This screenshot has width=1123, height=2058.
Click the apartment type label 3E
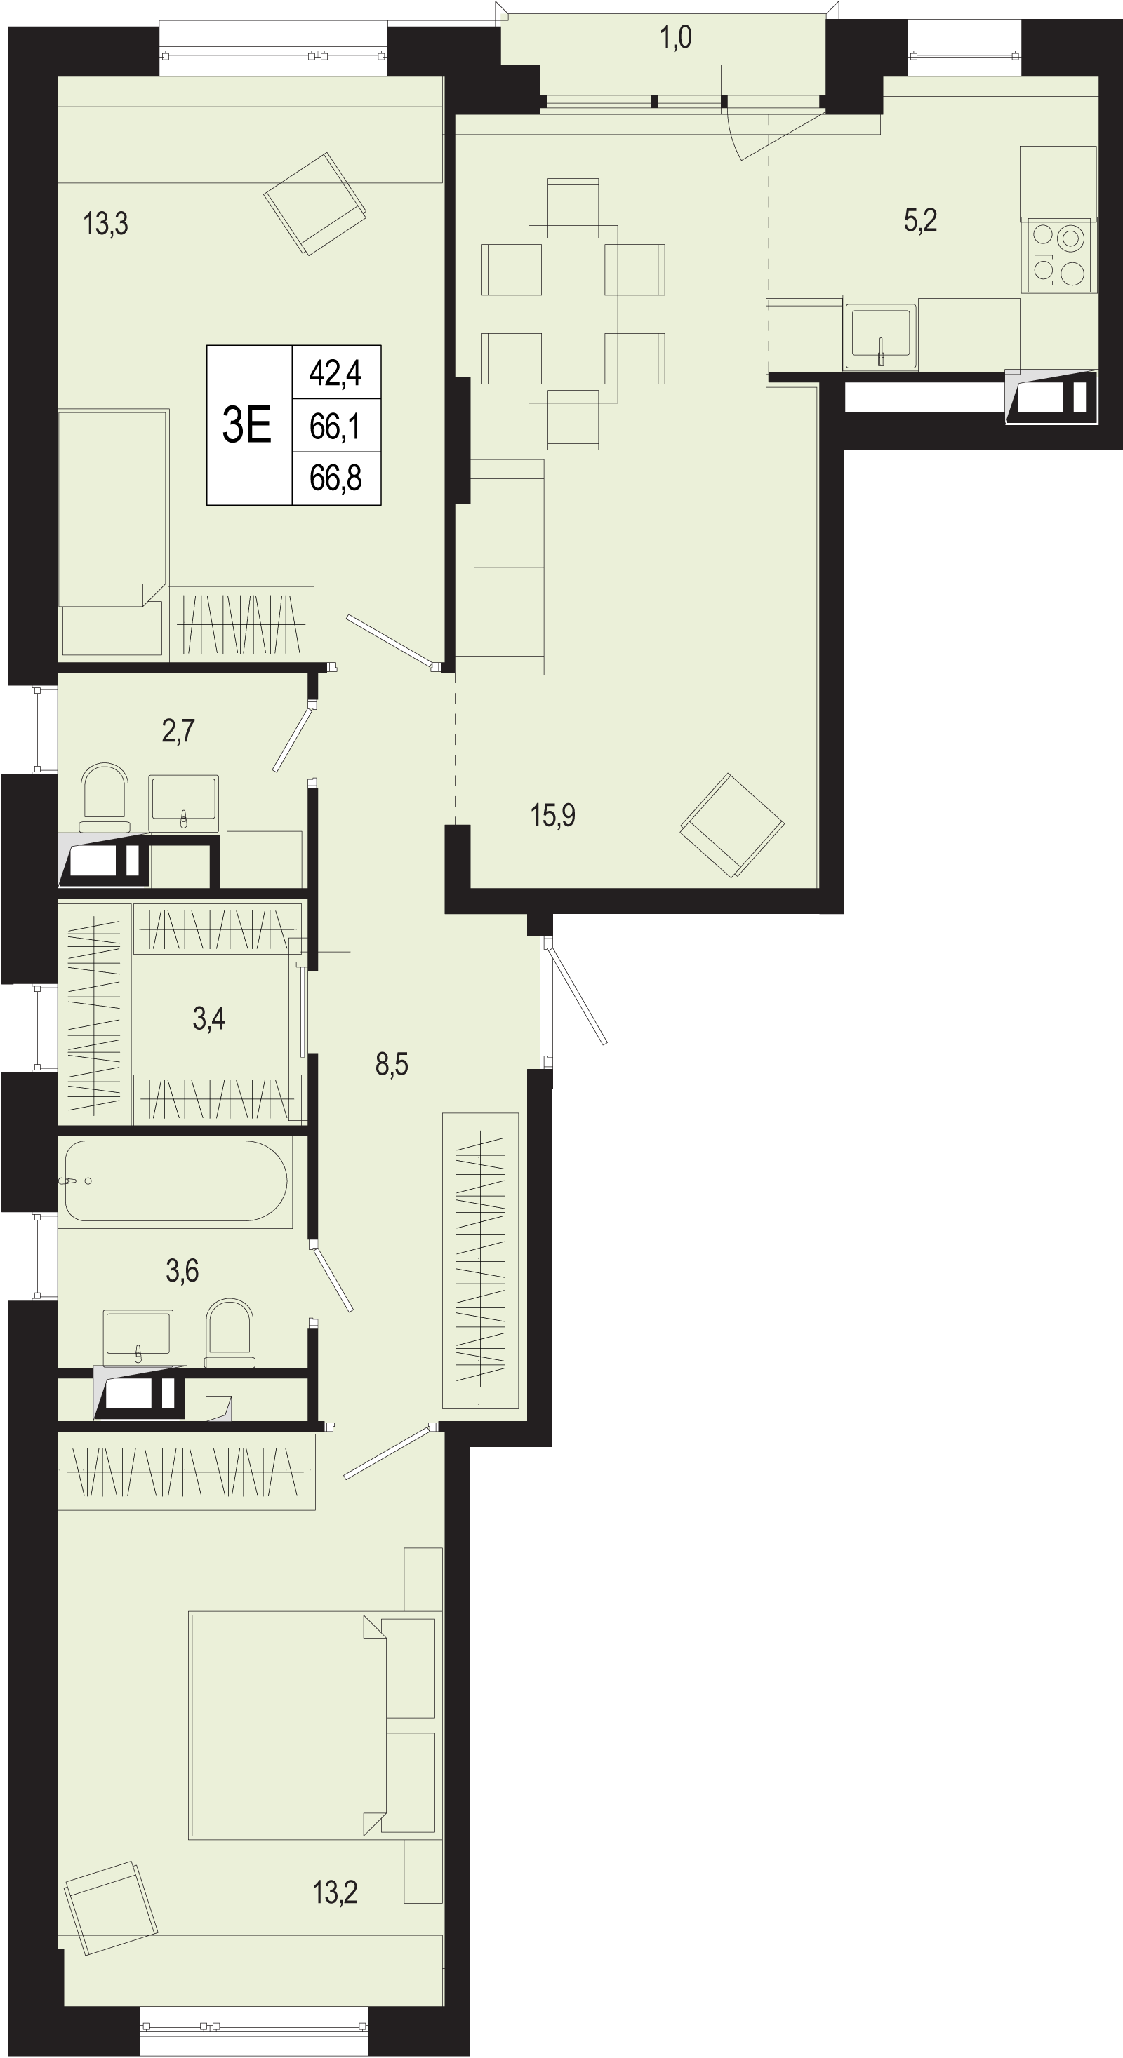(246, 424)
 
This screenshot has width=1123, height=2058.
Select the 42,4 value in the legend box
(335, 373)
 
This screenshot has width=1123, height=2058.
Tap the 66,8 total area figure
(335, 478)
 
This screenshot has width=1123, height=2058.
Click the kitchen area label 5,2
(920, 220)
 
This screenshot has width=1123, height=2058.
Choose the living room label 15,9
(552, 815)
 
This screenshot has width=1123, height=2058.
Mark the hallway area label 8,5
(392, 1064)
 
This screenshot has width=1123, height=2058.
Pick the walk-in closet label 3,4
(208, 1018)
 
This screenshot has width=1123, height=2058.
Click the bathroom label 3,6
(182, 1270)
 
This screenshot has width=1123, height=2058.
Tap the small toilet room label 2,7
(178, 730)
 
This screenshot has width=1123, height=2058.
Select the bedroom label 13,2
(335, 1892)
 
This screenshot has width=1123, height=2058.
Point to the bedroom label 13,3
(105, 224)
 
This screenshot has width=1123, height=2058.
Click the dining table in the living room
(573, 314)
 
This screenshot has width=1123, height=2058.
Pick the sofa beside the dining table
(507, 567)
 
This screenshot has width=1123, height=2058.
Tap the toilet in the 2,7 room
(105, 798)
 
